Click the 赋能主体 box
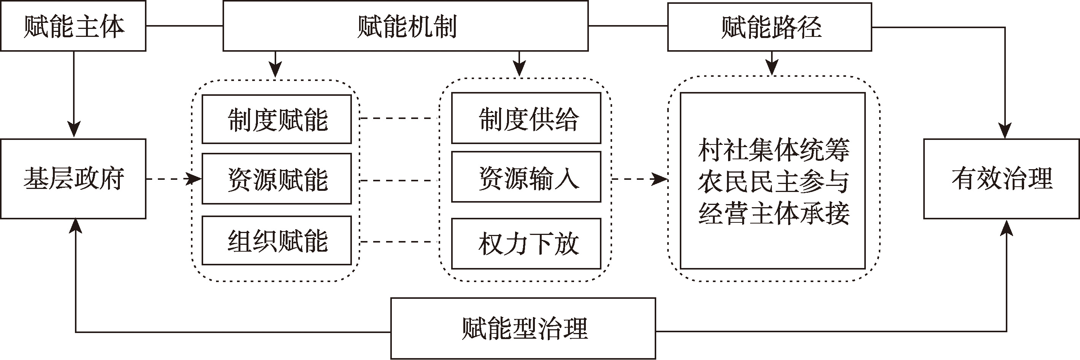coord(73,26)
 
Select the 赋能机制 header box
coord(406,26)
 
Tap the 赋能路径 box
coord(770,27)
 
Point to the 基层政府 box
coord(73,179)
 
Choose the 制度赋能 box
coord(277,119)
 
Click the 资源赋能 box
coord(277,179)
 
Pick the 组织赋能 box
coord(277,241)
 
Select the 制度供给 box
coord(526,118)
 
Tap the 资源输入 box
coord(526,177)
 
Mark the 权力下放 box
coord(526,244)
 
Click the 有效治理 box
coord(1002,179)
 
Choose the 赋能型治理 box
coord(523,328)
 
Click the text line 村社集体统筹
coord(773,150)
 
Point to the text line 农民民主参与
coord(773,181)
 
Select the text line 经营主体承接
coord(773,213)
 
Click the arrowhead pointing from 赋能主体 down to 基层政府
coord(74,130)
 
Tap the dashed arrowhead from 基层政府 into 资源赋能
coord(194,179)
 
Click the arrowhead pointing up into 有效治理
coord(1006,227)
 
